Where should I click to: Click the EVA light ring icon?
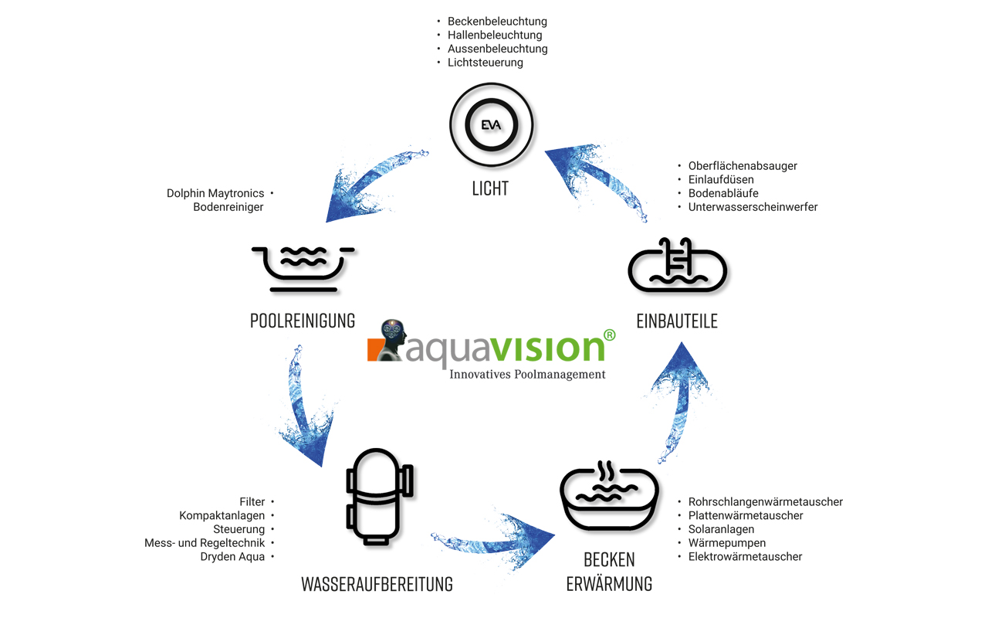click(491, 125)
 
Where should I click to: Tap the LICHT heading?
click(490, 188)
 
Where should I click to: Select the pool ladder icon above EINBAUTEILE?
click(678, 267)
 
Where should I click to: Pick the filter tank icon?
click(379, 496)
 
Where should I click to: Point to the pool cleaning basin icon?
click(303, 268)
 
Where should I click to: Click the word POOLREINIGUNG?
click(303, 320)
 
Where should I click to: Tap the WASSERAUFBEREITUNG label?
click(377, 584)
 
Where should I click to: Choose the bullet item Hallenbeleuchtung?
click(495, 35)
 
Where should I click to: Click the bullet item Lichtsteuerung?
click(486, 63)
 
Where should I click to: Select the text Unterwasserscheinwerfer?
click(753, 207)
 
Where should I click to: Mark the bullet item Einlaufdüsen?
click(721, 179)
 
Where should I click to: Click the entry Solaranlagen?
click(721, 529)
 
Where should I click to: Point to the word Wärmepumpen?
click(727, 543)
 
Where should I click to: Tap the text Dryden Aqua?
click(232, 556)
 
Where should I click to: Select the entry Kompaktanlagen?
click(222, 515)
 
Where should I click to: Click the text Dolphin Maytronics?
click(215, 193)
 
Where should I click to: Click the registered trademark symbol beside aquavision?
click(609, 335)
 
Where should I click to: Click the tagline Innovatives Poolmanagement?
click(527, 375)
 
